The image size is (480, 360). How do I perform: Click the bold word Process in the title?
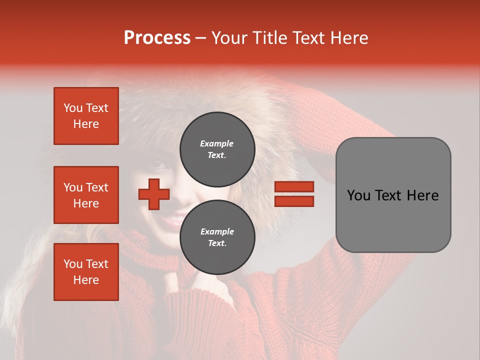point(157,38)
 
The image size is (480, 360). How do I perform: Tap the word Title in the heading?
point(267,38)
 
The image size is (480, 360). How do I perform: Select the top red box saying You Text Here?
point(86,116)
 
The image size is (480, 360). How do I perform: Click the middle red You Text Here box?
point(86,195)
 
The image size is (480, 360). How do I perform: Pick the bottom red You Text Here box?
point(86,272)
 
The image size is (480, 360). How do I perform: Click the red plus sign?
point(154,194)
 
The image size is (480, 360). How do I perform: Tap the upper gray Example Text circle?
point(217,149)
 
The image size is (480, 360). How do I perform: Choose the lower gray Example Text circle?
point(217,237)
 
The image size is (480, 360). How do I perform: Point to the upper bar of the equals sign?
point(294,187)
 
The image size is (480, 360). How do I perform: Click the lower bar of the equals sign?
point(294,201)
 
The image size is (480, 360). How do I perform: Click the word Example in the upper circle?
point(216,143)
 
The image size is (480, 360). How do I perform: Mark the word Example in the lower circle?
point(217,231)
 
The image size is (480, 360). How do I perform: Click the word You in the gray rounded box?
point(358,195)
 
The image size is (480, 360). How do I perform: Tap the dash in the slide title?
point(201,38)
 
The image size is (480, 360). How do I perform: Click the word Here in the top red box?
point(86,124)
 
